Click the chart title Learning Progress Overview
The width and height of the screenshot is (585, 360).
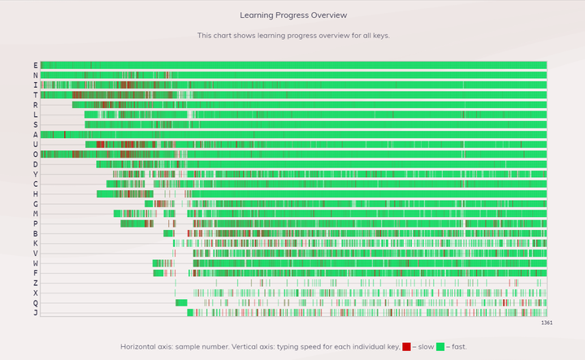click(x=293, y=15)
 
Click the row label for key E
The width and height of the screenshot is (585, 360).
click(x=36, y=66)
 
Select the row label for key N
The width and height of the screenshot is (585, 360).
click(x=36, y=76)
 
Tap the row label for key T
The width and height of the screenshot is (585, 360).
click(x=36, y=95)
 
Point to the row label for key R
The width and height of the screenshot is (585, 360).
click(x=36, y=105)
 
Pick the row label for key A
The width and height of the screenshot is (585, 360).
click(x=36, y=135)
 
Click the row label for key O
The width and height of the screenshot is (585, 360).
click(x=36, y=154)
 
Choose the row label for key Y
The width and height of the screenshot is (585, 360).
click(x=36, y=174)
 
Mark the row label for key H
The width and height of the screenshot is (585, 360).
click(x=36, y=194)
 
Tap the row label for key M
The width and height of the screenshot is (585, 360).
click(x=36, y=214)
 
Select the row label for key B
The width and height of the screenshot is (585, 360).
click(x=36, y=233)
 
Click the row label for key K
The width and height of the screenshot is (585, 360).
click(x=36, y=243)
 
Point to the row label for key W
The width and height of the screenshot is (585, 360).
click(x=36, y=263)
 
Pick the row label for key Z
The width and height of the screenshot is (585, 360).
click(x=36, y=283)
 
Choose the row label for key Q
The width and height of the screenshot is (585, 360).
click(x=36, y=302)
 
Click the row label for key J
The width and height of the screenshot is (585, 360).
click(x=36, y=313)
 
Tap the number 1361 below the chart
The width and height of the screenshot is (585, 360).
click(x=546, y=323)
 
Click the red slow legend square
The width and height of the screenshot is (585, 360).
click(x=406, y=347)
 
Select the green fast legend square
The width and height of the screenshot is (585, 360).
click(x=440, y=347)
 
